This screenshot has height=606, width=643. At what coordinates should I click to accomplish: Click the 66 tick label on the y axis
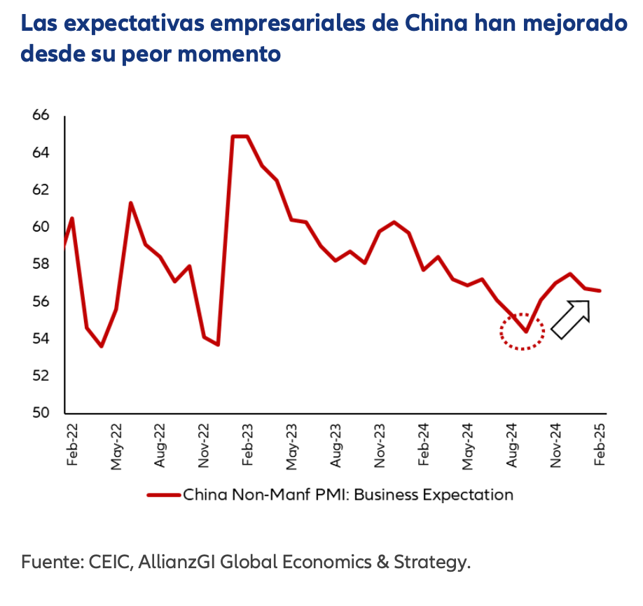point(41,115)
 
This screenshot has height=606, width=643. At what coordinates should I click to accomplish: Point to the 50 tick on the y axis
point(41,413)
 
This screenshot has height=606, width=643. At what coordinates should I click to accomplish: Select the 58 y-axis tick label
point(41,265)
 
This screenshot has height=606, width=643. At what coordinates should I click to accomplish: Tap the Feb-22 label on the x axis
point(71,446)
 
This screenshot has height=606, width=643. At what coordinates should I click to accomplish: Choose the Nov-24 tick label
point(557,446)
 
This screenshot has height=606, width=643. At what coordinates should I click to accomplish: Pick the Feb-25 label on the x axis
point(600,446)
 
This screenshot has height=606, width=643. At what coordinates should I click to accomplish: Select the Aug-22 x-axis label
point(160,446)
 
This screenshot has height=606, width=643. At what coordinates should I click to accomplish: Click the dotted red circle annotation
point(523,332)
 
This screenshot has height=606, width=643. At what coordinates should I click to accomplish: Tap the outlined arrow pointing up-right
point(571,319)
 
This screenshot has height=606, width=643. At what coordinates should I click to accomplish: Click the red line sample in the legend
point(164,495)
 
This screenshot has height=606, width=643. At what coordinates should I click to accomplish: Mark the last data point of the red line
point(600,290)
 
